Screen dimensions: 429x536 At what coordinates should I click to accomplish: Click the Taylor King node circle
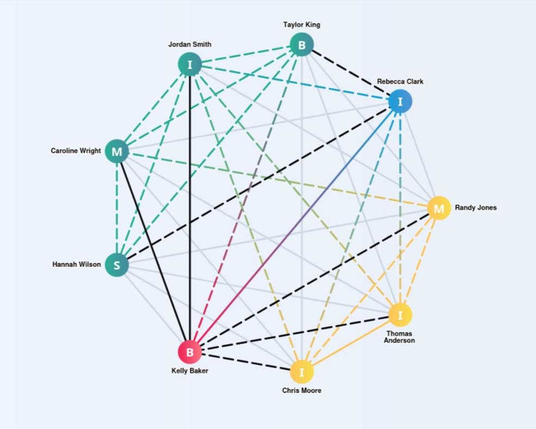click(x=302, y=45)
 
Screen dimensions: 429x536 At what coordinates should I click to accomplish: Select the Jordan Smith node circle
click(x=190, y=65)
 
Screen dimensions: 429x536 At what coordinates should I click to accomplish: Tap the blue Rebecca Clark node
click(x=400, y=102)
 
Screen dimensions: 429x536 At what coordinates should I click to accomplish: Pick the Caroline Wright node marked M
click(x=117, y=151)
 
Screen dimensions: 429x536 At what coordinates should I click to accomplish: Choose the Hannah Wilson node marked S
click(x=116, y=265)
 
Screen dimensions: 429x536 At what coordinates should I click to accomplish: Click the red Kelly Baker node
click(x=190, y=352)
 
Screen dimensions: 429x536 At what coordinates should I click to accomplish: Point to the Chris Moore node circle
click(x=302, y=372)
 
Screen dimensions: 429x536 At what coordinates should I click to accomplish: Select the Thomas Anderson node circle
click(x=400, y=315)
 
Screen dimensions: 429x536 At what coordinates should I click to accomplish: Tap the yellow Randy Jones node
click(x=439, y=208)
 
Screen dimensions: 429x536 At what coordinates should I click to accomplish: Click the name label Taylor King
click(x=302, y=24)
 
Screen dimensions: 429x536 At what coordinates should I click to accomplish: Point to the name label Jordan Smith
click(x=190, y=45)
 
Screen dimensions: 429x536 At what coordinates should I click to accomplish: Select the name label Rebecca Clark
click(x=400, y=82)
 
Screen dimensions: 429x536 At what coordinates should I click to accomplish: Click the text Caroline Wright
click(x=76, y=151)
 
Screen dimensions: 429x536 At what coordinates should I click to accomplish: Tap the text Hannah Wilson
click(x=77, y=265)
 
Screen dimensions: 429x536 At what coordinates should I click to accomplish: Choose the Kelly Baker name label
click(x=190, y=371)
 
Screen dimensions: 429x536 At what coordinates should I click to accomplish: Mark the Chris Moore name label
click(x=302, y=390)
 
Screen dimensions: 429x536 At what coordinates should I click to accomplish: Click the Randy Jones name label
click(x=476, y=208)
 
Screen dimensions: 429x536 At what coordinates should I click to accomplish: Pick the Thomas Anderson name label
click(x=400, y=337)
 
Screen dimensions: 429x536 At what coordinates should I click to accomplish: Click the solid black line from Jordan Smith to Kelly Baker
click(x=190, y=217)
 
